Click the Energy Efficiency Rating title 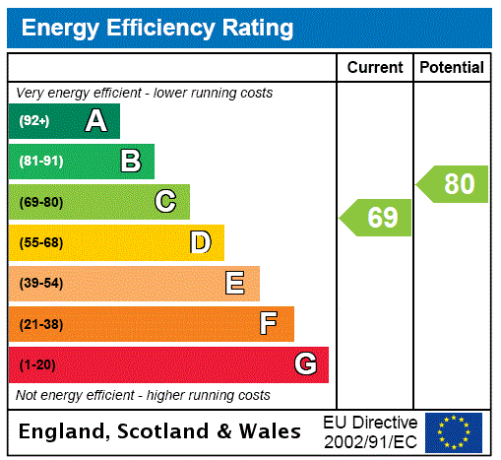tap(157, 29)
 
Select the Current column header tap(375, 68)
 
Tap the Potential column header tap(452, 68)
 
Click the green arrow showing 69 tap(377, 218)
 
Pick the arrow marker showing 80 tap(454, 184)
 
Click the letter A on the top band tap(95, 121)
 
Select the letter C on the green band tap(165, 202)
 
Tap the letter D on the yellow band tap(200, 242)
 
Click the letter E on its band tap(235, 284)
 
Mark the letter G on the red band tap(305, 365)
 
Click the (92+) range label tap(34, 121)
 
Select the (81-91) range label tap(40, 162)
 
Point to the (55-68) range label tap(41, 243)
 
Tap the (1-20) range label tap(37, 365)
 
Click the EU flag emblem tap(454, 431)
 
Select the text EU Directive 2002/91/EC tap(370, 431)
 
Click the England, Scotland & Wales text tap(160, 431)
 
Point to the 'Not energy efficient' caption tap(143, 395)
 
